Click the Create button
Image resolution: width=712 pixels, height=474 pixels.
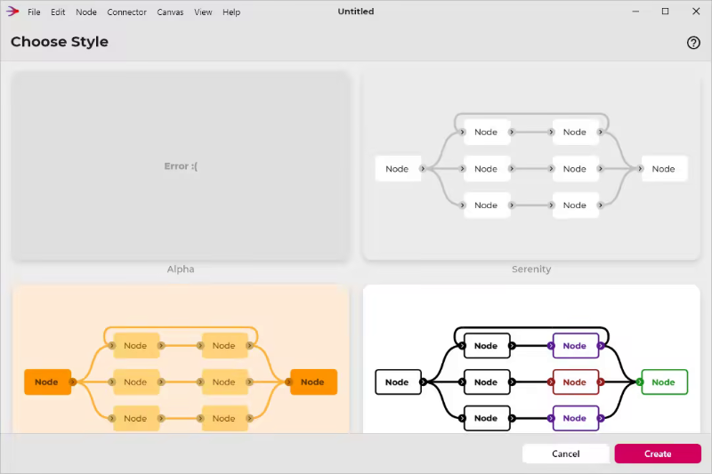[658, 454]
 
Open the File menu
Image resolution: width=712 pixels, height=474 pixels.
[34, 12]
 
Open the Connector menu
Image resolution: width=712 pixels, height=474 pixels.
[126, 12]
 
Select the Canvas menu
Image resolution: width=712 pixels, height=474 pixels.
[170, 12]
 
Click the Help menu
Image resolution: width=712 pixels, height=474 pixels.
[231, 12]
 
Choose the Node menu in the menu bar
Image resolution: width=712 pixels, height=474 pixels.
[86, 12]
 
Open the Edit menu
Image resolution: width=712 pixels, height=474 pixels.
[58, 12]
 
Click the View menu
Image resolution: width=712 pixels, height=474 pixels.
[203, 12]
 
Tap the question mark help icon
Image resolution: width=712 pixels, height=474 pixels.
[694, 43]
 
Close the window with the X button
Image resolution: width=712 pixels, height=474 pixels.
[694, 12]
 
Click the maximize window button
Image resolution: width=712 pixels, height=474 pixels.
[665, 12]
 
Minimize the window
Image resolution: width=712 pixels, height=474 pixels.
[635, 12]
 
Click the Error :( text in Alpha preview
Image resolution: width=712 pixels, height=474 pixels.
[181, 166]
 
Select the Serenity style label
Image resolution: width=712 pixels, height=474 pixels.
[531, 269]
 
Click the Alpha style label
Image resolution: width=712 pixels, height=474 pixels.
[181, 269]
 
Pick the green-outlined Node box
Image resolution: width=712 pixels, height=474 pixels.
[664, 382]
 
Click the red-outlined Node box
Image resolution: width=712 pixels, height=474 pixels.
[575, 382]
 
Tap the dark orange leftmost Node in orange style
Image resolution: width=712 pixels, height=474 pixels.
[47, 382]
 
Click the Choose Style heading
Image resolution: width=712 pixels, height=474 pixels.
[60, 43]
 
